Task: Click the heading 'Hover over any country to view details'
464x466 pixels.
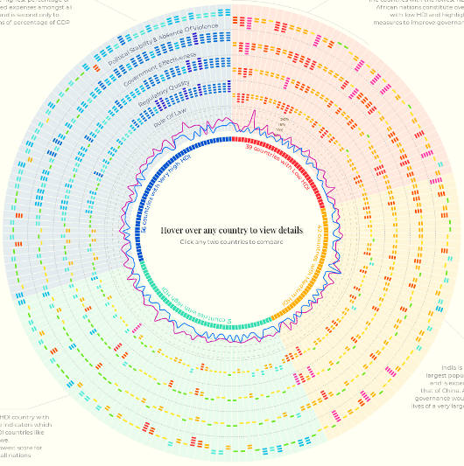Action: click(232, 230)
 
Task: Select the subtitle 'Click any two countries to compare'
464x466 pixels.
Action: click(232, 241)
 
